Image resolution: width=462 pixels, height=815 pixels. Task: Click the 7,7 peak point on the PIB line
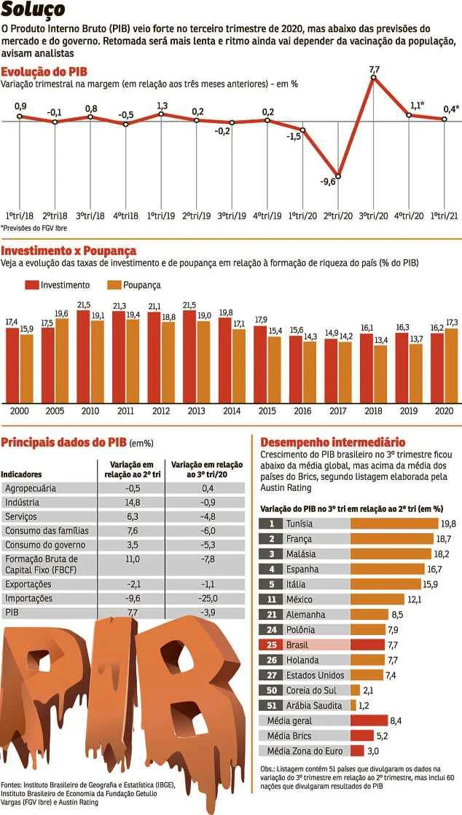[374, 77]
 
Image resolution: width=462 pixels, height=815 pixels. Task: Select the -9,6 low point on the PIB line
[338, 176]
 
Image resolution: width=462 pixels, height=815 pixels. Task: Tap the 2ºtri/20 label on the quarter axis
[338, 216]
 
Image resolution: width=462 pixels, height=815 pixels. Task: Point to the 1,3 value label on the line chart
[162, 106]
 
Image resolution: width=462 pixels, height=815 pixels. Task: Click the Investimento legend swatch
[31, 285]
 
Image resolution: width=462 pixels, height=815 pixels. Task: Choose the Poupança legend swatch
[114, 285]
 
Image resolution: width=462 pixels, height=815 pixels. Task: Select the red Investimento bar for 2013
[189, 357]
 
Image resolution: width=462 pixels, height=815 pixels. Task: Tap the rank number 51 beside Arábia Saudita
[271, 705]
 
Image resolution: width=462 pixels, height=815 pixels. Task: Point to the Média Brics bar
[361, 736]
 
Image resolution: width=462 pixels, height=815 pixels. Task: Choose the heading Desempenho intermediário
[332, 442]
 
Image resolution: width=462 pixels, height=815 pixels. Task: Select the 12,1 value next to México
[415, 599]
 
